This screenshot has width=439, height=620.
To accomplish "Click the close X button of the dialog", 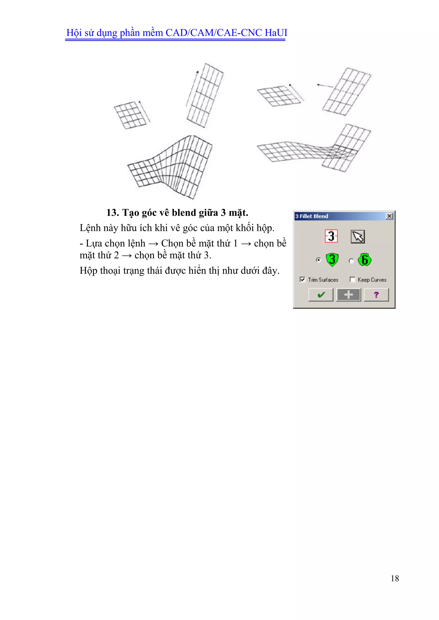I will tap(389, 216).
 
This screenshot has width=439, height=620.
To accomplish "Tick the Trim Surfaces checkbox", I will tap(302, 279).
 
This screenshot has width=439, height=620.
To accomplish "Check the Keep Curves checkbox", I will tap(352, 279).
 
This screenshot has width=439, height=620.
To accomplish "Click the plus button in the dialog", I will tap(349, 295).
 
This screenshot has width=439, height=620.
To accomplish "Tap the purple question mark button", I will tap(376, 295).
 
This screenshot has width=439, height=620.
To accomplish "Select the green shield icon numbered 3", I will tap(332, 260).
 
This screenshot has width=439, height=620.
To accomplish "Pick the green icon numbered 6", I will tap(364, 260).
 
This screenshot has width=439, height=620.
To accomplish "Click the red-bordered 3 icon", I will tap(331, 236).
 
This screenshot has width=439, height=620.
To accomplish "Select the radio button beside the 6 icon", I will tap(351, 261).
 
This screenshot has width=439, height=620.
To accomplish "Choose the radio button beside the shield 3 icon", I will tap(319, 260).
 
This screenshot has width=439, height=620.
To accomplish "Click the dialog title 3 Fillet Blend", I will tap(312, 216).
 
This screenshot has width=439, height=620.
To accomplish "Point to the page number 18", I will tap(395, 578).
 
